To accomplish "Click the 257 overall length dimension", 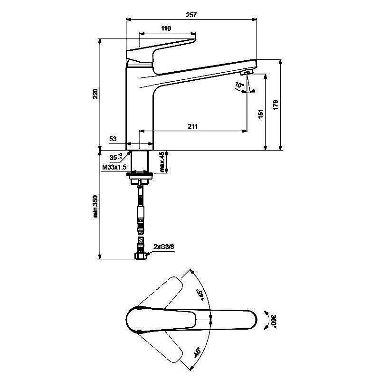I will tap(191, 15).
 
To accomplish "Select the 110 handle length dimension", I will tap(166, 29).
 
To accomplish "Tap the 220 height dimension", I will tap(95, 94).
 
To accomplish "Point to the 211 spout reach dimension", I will tap(192, 126).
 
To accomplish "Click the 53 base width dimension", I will tap(113, 139).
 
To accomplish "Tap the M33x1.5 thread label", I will tap(114, 167).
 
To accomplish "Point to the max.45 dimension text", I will tap(162, 162).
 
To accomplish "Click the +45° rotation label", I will tap(201, 295).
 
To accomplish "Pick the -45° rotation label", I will tap(197, 352).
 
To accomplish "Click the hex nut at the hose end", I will tap(140, 256).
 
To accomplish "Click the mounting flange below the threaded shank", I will tap(140, 176).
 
